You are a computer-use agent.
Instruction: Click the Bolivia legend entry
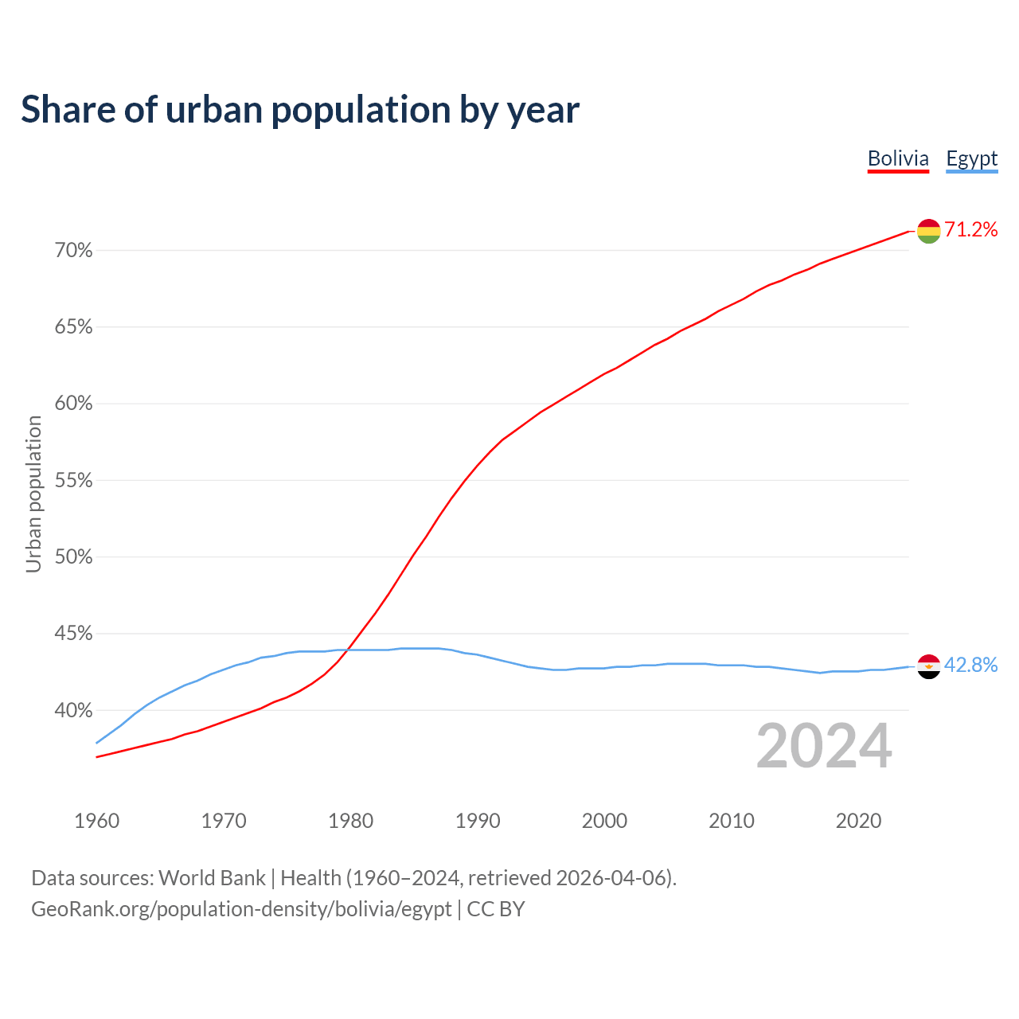(x=898, y=158)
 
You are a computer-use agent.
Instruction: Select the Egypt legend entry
(x=971, y=158)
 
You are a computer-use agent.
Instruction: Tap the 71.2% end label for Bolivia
(x=971, y=230)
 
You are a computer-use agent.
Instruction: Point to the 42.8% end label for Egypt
(x=971, y=666)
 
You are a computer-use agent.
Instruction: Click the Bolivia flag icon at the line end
(x=929, y=231)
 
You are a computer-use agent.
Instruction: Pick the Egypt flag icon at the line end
(x=929, y=666)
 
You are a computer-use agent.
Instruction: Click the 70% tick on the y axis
(x=73, y=251)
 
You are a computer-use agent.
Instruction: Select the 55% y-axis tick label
(x=73, y=481)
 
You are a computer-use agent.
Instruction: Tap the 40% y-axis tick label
(x=73, y=710)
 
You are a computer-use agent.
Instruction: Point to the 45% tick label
(x=73, y=634)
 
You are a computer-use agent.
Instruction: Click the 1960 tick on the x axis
(x=96, y=821)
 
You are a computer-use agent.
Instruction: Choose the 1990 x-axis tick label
(x=478, y=821)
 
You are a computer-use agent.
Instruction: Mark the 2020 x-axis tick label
(x=858, y=821)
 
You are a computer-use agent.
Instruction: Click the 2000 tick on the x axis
(x=604, y=821)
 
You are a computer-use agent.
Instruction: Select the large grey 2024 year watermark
(x=824, y=747)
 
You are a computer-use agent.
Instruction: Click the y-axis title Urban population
(x=33, y=494)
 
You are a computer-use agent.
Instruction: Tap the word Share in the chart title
(x=68, y=109)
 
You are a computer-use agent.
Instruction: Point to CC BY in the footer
(x=495, y=909)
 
